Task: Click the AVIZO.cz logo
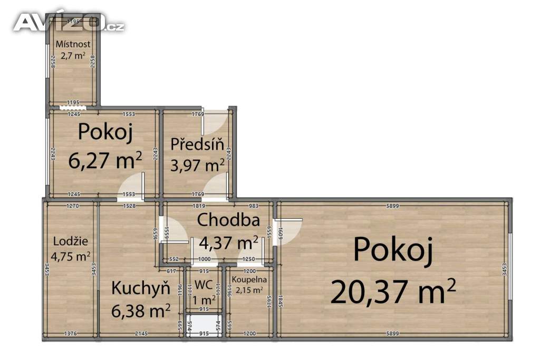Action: (69, 23)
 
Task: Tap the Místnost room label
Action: (73, 44)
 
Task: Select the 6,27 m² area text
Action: (105, 160)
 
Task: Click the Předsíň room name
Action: (197, 143)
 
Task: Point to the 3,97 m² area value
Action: (197, 166)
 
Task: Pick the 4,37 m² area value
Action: (228, 242)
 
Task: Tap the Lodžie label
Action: (71, 242)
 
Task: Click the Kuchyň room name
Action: (140, 288)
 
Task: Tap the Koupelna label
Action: (251, 280)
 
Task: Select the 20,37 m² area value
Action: (393, 291)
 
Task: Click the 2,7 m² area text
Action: (73, 55)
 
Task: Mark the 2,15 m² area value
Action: (249, 290)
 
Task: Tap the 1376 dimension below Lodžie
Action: (71, 334)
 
